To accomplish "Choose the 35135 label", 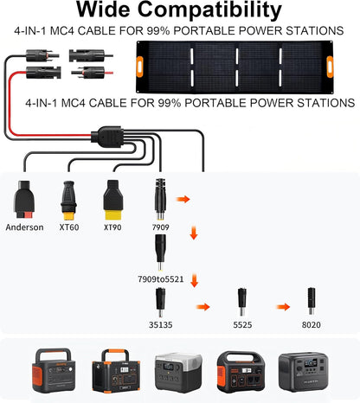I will point(159,326).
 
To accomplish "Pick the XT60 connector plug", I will point(69,200).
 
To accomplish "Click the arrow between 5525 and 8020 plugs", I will point(280,305).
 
